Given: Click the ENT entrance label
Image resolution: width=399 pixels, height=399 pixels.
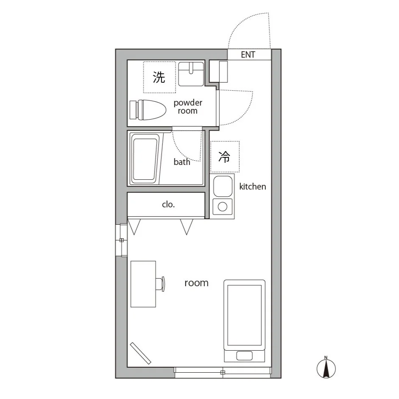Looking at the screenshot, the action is point(248,55).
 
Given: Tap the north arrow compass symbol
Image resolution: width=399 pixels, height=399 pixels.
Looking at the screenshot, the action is point(326,368).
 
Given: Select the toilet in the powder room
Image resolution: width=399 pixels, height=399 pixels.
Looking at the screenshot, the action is point(148,110).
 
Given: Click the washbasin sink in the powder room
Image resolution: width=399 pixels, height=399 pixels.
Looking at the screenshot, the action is point(191,74).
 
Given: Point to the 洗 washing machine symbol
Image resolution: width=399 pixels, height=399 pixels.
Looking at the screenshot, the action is point(159,77).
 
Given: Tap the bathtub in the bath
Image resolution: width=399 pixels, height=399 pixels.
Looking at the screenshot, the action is point(145,159).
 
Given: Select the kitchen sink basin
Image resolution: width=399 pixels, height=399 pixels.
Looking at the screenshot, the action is point(223,186).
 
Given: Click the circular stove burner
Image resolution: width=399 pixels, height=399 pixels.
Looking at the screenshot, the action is point(223,207).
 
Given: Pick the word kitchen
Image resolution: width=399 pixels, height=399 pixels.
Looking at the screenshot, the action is point(253,187).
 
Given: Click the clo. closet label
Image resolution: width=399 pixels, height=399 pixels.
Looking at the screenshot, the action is point(168,204).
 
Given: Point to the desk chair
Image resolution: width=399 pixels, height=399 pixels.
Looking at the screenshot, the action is point(160,284).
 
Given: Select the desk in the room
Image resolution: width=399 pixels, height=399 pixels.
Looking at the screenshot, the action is point(143,284).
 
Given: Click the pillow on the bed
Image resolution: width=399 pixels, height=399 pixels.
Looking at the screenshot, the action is point(244,356).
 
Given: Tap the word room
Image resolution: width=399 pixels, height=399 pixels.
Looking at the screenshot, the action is point(196,283).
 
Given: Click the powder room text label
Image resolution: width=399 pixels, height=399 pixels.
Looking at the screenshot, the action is point(188,106).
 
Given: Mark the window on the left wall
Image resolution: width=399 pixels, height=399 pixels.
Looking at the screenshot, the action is point(122,240).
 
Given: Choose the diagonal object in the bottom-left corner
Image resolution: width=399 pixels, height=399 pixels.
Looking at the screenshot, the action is point(141,353).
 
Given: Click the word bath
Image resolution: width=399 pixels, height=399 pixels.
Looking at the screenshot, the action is point(182,162).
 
